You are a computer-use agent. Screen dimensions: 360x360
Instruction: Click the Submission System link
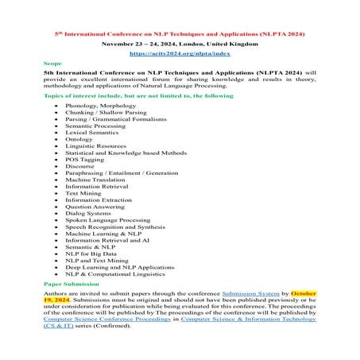click(x=245, y=292)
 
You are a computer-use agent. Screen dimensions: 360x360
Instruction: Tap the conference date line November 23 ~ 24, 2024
click(x=179, y=44)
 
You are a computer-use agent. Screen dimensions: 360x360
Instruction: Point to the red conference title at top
click(x=180, y=34)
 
